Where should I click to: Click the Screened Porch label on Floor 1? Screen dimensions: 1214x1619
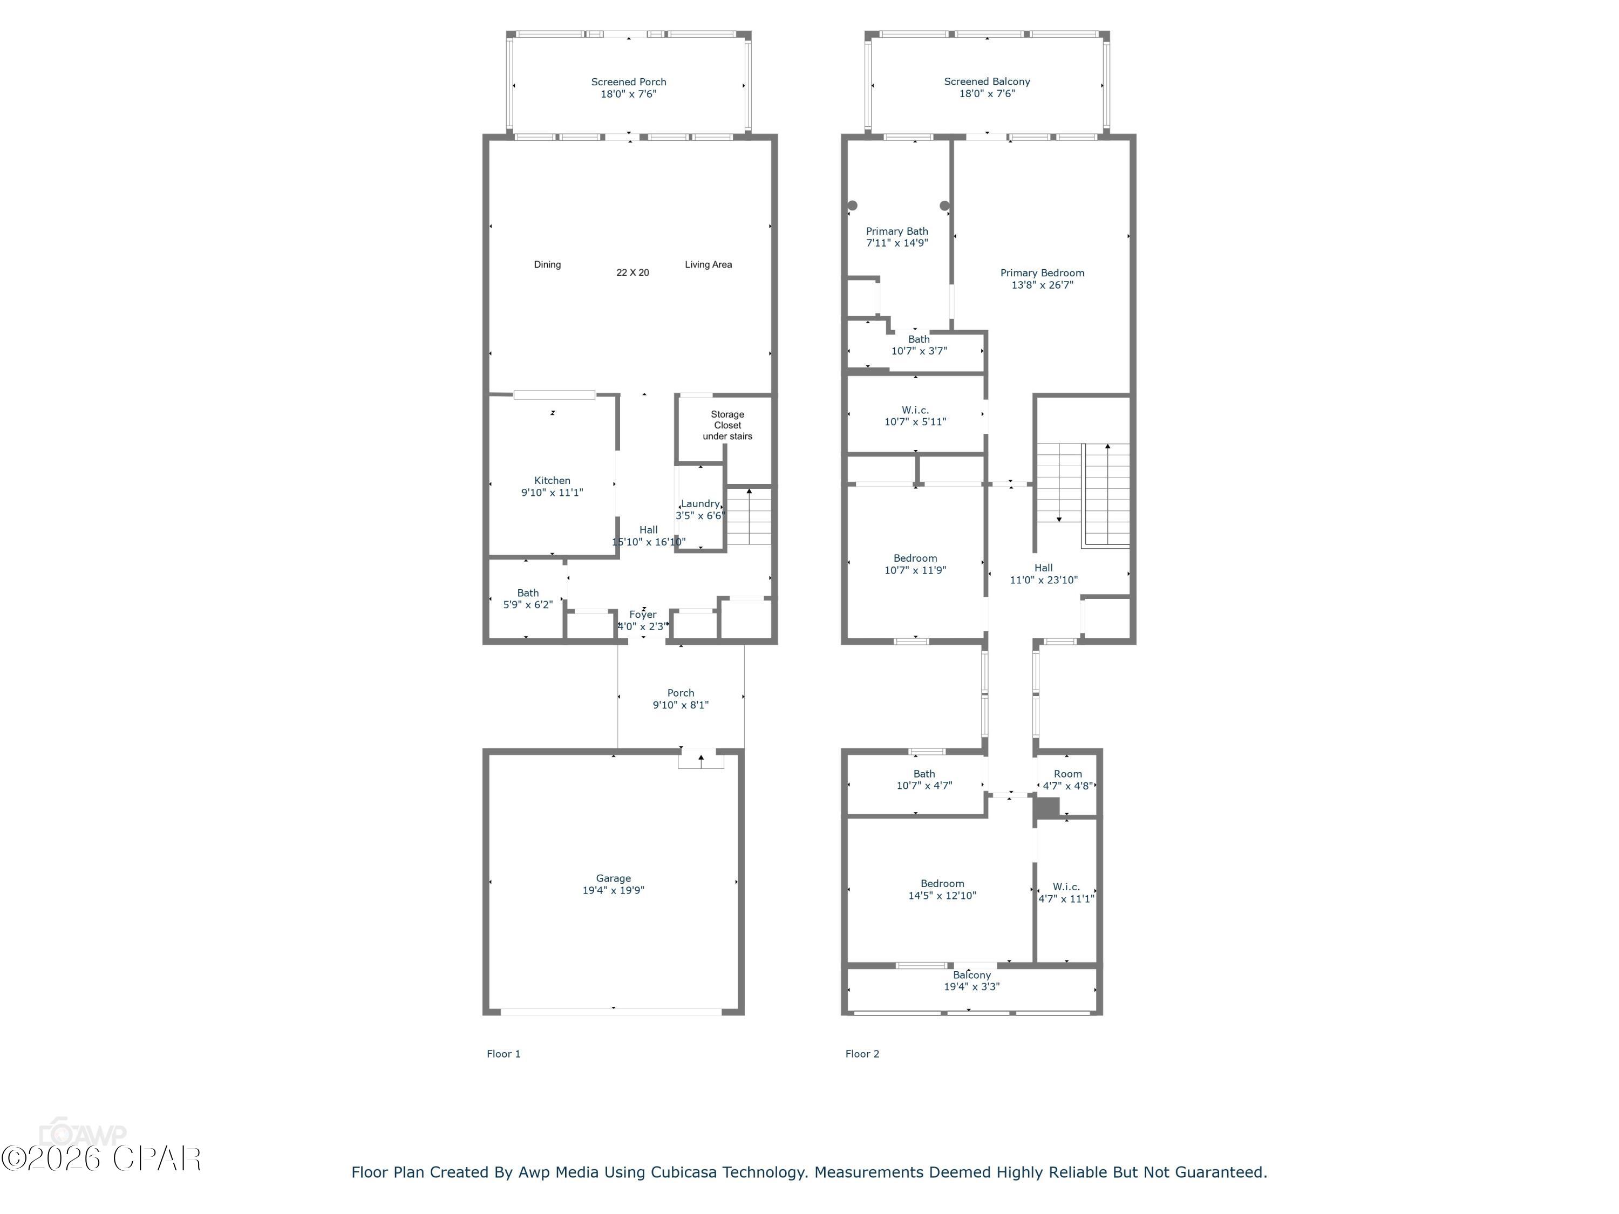(x=628, y=82)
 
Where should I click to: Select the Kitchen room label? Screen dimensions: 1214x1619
(x=552, y=481)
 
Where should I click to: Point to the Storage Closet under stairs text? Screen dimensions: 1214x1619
(x=727, y=425)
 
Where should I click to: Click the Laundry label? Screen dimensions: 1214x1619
(x=700, y=503)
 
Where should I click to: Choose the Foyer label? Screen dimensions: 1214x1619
(x=643, y=615)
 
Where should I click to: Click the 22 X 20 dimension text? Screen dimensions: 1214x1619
(x=632, y=272)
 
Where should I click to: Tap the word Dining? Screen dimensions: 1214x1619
(x=547, y=265)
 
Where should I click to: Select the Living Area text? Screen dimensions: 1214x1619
(x=708, y=265)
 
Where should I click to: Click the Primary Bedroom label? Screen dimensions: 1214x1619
(x=1042, y=273)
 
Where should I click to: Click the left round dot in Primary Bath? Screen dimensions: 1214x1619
(x=852, y=206)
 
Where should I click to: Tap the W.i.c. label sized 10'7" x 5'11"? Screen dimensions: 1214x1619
(x=915, y=411)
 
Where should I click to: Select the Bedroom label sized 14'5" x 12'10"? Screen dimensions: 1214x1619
(x=942, y=883)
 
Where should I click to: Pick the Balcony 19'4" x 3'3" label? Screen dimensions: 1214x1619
(x=971, y=975)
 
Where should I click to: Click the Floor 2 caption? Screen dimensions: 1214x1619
(x=862, y=1054)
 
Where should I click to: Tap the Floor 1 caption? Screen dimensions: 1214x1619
(x=504, y=1054)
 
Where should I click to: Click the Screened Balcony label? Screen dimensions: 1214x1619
(x=987, y=82)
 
